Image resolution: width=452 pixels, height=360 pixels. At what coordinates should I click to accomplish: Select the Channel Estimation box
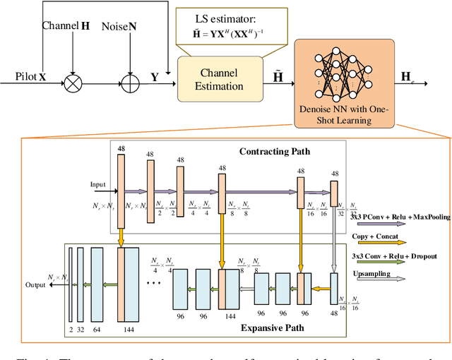215,82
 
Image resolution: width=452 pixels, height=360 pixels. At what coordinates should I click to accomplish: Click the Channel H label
66,25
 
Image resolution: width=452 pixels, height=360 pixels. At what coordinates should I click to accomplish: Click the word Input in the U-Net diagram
97,185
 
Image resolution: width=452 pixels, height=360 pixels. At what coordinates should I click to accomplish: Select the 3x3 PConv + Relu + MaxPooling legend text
400,217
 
